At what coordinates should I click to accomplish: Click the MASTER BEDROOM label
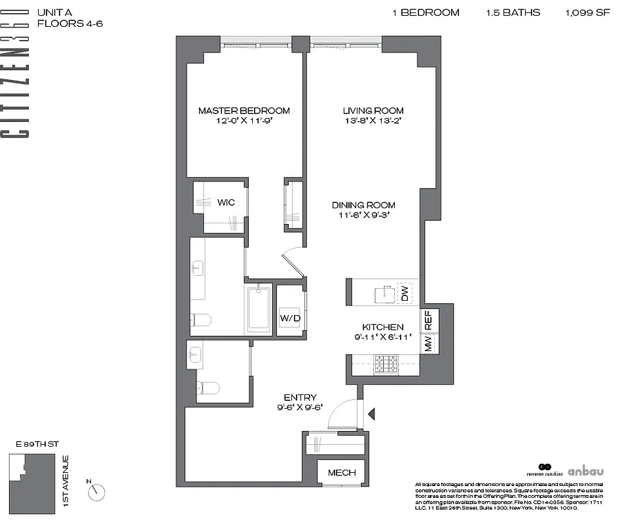pyautogui.click(x=244, y=111)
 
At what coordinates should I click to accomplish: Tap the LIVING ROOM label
pyautogui.click(x=373, y=111)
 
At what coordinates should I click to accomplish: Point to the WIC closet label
pyautogui.click(x=226, y=202)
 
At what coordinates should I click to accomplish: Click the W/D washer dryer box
pyautogui.click(x=289, y=318)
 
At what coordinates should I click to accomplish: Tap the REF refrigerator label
pyautogui.click(x=429, y=320)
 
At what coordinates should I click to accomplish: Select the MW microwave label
pyautogui.click(x=429, y=344)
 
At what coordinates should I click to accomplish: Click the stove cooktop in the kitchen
pyautogui.click(x=386, y=364)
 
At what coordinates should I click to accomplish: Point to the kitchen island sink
pyautogui.click(x=383, y=294)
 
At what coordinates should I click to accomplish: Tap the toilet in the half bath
pyautogui.click(x=208, y=387)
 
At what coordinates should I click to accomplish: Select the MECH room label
pyautogui.click(x=341, y=473)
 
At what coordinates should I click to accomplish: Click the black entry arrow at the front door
pyautogui.click(x=372, y=414)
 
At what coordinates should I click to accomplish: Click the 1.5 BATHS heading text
pyautogui.click(x=513, y=12)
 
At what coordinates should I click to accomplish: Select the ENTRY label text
pyautogui.click(x=300, y=398)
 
